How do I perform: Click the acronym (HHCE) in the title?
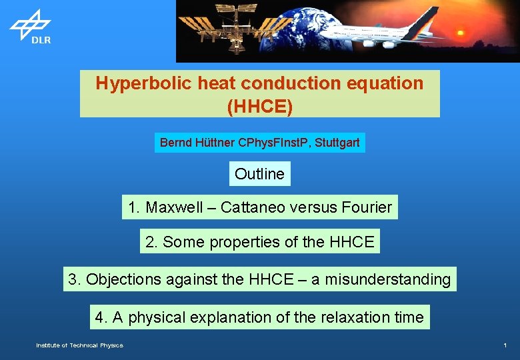[x=259, y=107]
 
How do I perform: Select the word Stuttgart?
[x=337, y=143]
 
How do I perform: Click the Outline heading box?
[x=259, y=174]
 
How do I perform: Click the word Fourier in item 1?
[x=366, y=207]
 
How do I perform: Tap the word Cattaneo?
[x=253, y=207]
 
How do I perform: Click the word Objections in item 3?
[x=123, y=279]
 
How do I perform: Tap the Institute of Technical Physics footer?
[x=79, y=345]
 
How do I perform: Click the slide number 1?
[x=505, y=345]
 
